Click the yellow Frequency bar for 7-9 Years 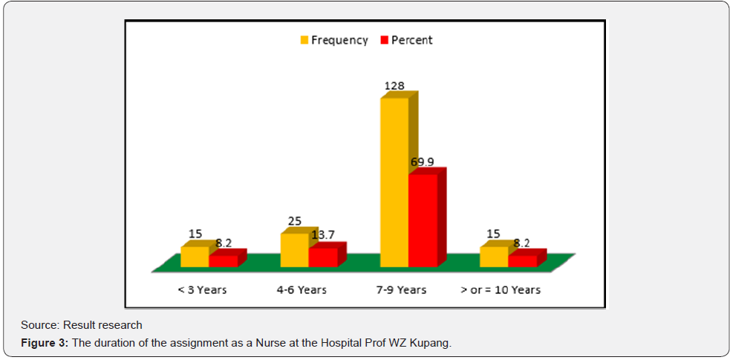pos(394,182)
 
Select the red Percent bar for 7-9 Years pos(423,220)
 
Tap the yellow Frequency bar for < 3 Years pos(195,257)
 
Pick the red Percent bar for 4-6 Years pos(323,257)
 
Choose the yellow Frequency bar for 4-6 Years pos(294,250)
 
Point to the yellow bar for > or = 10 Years pos(494,257)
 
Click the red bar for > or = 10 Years pos(523,261)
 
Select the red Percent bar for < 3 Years pos(224,261)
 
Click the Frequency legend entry pos(333,40)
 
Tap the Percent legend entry pos(407,40)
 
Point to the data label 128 pos(394,86)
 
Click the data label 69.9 pos(422,162)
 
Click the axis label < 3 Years pos(202,289)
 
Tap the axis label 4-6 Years pos(301,289)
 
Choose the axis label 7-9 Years pos(401,289)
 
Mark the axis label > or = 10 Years pos(501,289)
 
